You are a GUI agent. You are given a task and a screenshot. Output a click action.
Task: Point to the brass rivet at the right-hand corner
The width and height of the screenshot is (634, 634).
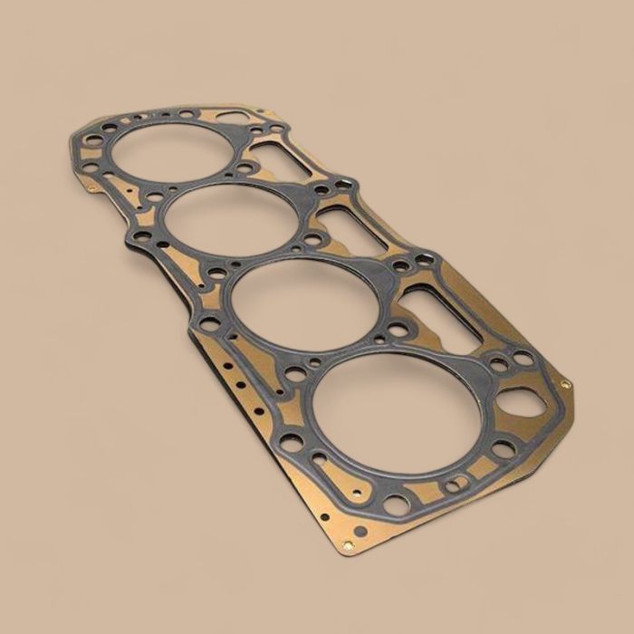click(566, 384)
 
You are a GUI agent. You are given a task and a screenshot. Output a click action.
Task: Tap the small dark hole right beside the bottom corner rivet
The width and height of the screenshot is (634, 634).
click(360, 532)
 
